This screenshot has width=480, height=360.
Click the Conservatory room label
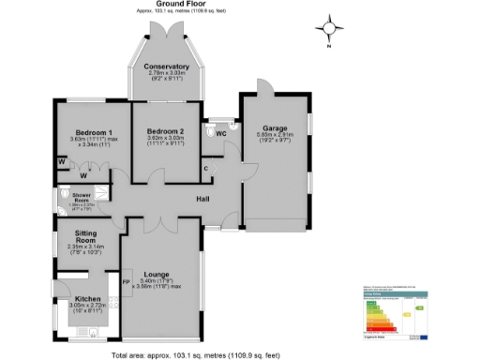click(x=167, y=67)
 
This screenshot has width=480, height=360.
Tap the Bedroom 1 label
click(x=83, y=132)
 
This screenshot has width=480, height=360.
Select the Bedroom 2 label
click(x=166, y=131)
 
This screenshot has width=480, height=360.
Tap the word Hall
click(x=202, y=199)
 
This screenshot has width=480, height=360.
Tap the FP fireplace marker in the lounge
click(x=126, y=278)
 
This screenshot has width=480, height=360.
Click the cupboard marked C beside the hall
click(x=206, y=167)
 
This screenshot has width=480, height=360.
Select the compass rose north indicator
click(x=329, y=28)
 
